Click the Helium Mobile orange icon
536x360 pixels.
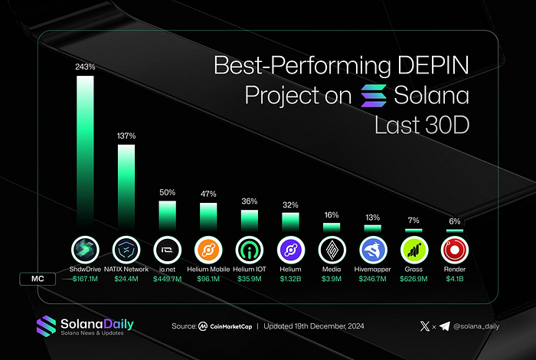(x=208, y=250)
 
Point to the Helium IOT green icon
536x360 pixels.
(x=250, y=250)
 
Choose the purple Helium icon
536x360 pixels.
(x=290, y=250)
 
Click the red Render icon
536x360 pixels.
(x=455, y=250)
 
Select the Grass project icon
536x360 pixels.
(x=413, y=250)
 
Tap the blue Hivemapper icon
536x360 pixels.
(x=372, y=250)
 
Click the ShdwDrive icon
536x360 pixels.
(x=85, y=250)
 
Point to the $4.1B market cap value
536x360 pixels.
(x=455, y=279)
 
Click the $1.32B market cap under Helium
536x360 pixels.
(x=290, y=279)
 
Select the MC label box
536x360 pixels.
(x=41, y=279)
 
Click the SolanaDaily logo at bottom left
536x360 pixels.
(x=84, y=325)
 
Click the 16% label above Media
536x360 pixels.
(x=332, y=216)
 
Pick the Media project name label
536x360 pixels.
(x=332, y=270)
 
